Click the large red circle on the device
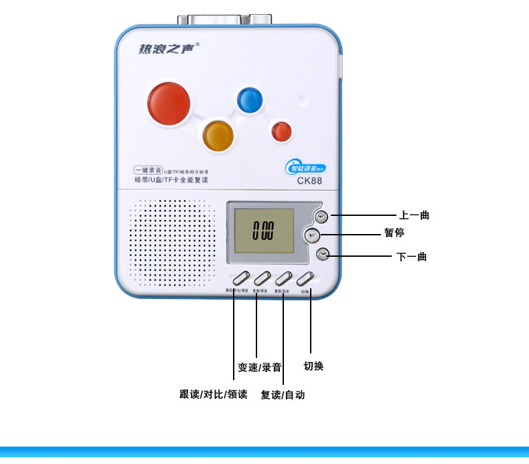tap(168, 103)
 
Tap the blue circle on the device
tap(248, 100)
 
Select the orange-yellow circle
tap(218, 135)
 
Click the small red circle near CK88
tap(281, 131)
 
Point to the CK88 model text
tap(309, 180)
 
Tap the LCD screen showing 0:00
tap(263, 232)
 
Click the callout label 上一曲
tap(414, 215)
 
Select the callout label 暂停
tap(394, 233)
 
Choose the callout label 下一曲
tap(412, 256)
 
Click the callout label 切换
tap(313, 366)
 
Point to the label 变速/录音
tap(259, 367)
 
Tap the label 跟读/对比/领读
tap(214, 394)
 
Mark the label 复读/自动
tap(283, 395)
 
